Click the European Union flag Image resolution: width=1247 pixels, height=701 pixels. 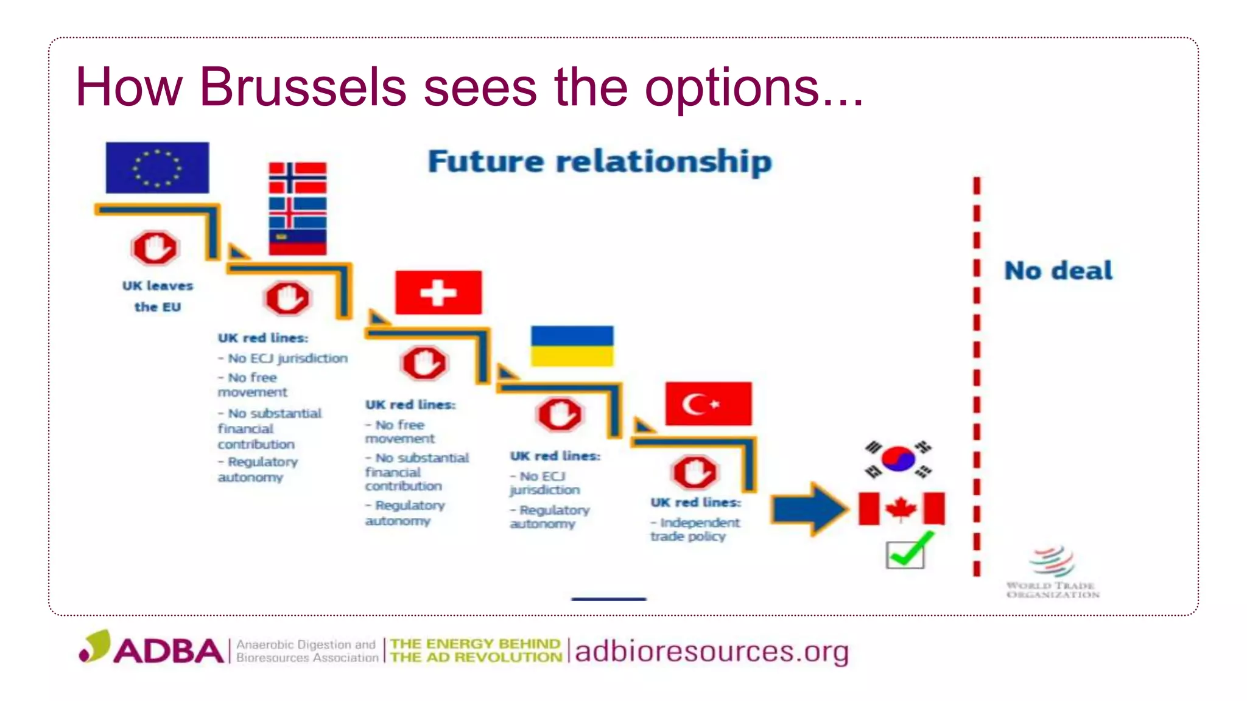(x=157, y=167)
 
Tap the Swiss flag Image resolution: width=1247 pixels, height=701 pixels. (x=438, y=293)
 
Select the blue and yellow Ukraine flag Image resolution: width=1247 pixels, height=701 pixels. (x=572, y=346)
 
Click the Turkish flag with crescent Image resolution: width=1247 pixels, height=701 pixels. (x=708, y=403)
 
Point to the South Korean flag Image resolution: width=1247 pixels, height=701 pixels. (x=898, y=459)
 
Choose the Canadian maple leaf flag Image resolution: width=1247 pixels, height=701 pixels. (x=901, y=509)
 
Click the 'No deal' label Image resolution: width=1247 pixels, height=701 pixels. (x=1058, y=271)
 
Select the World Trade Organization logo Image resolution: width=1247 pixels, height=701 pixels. (x=1053, y=572)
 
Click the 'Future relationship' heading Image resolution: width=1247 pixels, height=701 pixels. (x=600, y=162)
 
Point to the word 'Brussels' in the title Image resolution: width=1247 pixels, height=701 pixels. (x=303, y=87)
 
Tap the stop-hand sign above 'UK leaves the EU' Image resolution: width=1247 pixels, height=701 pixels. (x=155, y=248)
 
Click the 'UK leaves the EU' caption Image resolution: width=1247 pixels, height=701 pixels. (x=157, y=296)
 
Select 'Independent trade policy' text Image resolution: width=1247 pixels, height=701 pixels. (x=695, y=529)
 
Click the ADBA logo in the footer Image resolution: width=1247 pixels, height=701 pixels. (x=152, y=649)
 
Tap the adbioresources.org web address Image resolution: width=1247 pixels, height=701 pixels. (x=711, y=652)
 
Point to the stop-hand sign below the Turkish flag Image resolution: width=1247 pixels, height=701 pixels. (x=695, y=472)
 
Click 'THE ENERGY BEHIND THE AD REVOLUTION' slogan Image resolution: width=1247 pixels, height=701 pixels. (x=476, y=650)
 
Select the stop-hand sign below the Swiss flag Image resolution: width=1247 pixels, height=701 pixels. (x=424, y=363)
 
